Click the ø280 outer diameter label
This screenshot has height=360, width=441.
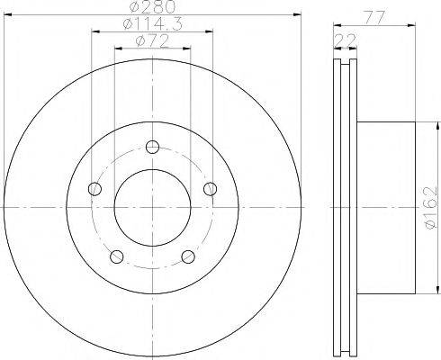click(x=153, y=7)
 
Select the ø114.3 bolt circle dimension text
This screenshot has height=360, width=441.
click(x=153, y=24)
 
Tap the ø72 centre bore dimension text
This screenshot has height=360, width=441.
click(x=152, y=41)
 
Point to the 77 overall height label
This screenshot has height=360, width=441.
click(x=374, y=18)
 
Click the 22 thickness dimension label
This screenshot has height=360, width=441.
click(x=345, y=40)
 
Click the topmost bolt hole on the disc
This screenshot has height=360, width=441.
click(x=152, y=147)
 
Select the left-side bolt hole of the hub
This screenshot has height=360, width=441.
click(x=95, y=189)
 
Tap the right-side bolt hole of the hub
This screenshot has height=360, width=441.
click(x=210, y=189)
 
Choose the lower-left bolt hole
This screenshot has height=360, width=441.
click(x=117, y=256)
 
